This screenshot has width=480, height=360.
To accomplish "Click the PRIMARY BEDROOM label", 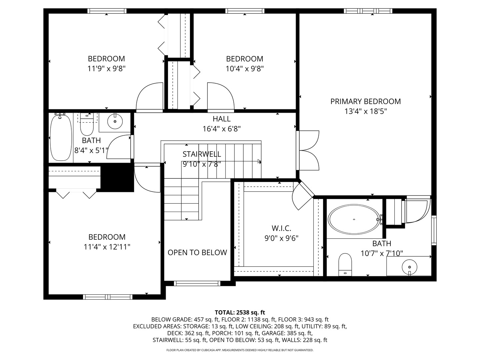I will point(365,101).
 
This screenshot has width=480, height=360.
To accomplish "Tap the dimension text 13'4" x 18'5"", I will point(365,111).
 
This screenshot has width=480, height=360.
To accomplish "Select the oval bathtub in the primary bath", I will point(353,220).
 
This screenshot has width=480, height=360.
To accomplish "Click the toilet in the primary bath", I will point(345,264).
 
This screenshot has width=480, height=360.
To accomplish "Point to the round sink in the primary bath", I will point(409,267).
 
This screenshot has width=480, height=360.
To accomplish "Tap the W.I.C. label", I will point(281,228).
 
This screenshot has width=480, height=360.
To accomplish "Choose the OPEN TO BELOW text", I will point(197,253).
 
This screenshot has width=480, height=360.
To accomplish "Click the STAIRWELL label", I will point(202,154).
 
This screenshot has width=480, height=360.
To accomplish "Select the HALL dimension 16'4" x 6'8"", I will point(222,129).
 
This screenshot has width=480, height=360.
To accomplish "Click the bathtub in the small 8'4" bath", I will point(61,138).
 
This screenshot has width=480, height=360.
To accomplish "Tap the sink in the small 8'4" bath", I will point(115,122).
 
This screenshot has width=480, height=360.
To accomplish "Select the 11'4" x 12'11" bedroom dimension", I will point(107,247).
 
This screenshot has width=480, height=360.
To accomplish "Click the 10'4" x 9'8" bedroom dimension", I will point(245,69).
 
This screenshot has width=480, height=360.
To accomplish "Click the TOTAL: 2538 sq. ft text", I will point(240,312).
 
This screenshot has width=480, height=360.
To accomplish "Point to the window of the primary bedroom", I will point(368,11).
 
